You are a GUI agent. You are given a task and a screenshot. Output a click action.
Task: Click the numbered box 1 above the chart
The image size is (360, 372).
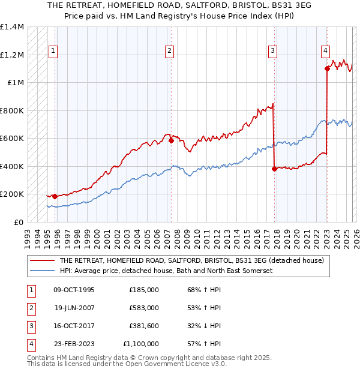[x=53, y=51]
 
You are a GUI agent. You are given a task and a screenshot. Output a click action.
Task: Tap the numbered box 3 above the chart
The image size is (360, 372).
[x=272, y=51]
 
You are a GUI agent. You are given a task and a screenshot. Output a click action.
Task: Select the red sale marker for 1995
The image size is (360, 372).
[x=55, y=196]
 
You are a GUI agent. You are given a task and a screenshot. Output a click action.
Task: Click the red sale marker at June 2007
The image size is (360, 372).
[x=171, y=141]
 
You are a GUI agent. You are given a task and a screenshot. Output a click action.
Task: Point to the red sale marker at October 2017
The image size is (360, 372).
[x=274, y=169]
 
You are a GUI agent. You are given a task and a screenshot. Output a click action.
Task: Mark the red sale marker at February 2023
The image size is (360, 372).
[x=327, y=69]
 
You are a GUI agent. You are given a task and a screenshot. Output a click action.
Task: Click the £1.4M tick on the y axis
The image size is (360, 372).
[x=12, y=27]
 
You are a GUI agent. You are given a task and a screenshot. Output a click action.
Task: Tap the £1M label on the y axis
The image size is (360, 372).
[x=16, y=83]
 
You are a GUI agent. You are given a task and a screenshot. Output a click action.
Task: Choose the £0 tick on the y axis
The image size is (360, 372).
[x=19, y=222]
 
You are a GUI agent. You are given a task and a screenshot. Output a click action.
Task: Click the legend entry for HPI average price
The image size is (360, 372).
[x=166, y=271]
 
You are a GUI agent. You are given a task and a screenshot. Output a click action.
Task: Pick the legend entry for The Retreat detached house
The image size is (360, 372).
[x=191, y=260]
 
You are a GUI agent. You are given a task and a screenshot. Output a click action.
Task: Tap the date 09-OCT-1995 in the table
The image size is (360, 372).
[x=74, y=290]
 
